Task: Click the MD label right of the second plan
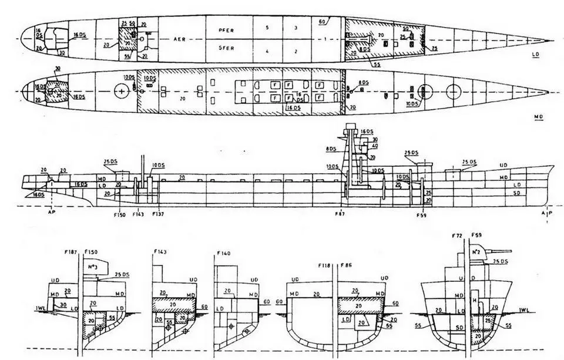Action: pyautogui.click(x=538, y=117)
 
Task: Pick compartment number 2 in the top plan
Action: pyautogui.click(x=296, y=51)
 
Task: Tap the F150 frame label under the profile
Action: pyautogui.click(x=119, y=214)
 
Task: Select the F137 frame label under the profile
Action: pyautogui.click(x=159, y=214)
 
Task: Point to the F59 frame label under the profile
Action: pyautogui.click(x=421, y=215)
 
